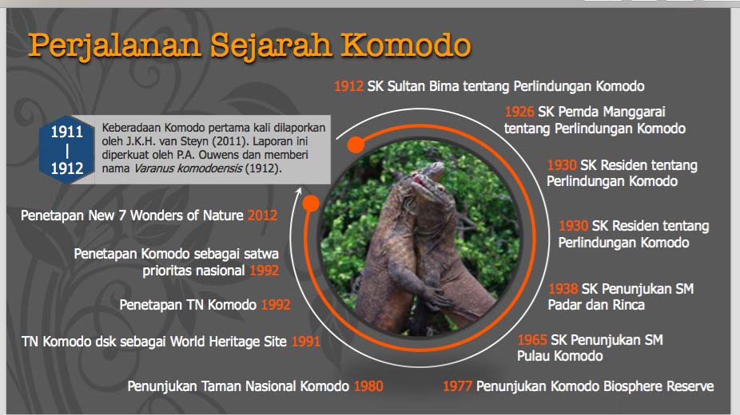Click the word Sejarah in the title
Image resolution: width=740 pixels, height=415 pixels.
(272, 46)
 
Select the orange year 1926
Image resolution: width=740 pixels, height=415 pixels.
(519, 112)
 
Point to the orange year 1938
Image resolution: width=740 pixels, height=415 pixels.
(563, 288)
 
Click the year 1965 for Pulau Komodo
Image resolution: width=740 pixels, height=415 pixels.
(532, 340)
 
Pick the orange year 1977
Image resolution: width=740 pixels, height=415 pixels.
(457, 386)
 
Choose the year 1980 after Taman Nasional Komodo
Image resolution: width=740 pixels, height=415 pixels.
(368, 386)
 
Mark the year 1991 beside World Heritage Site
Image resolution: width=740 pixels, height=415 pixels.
(306, 341)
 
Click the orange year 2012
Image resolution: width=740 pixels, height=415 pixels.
(262, 215)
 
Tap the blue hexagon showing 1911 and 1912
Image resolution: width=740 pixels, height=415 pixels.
(67, 149)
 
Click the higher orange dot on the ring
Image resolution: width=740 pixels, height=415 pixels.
(356, 144)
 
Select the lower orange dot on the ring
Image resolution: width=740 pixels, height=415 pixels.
(311, 204)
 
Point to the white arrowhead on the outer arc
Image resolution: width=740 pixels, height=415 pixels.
(298, 191)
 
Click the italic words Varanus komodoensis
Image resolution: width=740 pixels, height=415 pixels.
(189, 168)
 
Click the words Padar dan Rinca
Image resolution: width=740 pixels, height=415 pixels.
(596, 305)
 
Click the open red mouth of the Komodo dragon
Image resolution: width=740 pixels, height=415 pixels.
(420, 181)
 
